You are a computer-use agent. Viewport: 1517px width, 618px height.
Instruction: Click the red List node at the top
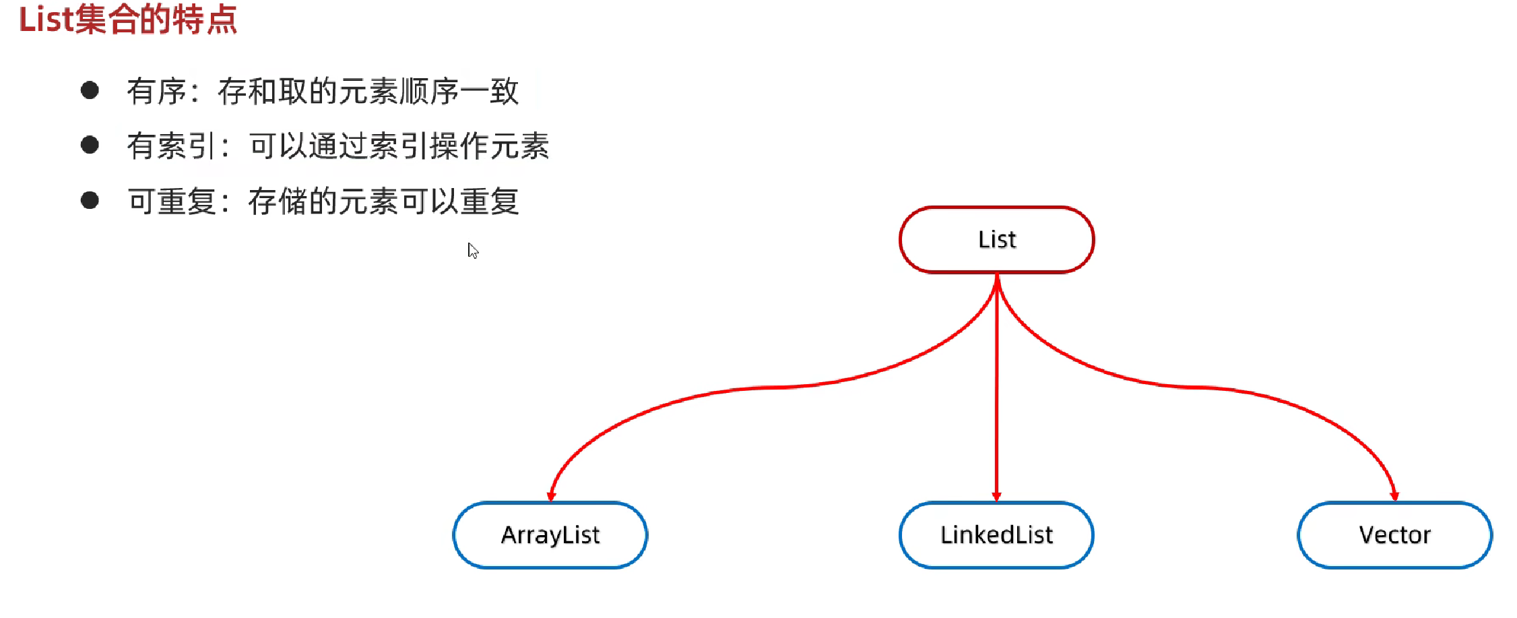[996, 239]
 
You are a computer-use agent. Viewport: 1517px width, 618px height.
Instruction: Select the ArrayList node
[550, 534]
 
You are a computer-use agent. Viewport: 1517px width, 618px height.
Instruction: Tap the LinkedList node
[996, 534]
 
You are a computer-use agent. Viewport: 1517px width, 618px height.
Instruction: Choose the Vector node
[1394, 534]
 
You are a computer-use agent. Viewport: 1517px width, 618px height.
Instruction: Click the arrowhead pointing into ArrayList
[551, 497]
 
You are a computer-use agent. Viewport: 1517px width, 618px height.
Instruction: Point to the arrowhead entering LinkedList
[996, 497]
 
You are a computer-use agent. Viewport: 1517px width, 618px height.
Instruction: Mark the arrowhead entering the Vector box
[1394, 497]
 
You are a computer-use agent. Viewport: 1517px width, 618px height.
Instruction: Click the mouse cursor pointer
[472, 250]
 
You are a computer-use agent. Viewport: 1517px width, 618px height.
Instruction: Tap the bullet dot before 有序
[90, 90]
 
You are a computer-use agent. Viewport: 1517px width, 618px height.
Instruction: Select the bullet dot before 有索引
[90, 145]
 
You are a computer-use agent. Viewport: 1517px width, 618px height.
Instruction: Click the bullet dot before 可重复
[90, 200]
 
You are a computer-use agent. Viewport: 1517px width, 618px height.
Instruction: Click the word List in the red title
[45, 19]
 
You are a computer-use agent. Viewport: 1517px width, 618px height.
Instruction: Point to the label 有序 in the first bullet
[156, 91]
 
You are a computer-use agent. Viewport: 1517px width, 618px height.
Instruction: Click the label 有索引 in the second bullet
[171, 146]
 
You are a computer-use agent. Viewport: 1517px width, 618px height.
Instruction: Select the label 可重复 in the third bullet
[172, 201]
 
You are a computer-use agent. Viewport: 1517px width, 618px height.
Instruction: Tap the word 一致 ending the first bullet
[490, 91]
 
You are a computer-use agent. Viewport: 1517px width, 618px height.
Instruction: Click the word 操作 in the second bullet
[459, 146]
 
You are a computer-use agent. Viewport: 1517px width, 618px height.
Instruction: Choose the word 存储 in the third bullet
[278, 201]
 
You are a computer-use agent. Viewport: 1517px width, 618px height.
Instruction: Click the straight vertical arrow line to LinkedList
[996, 388]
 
